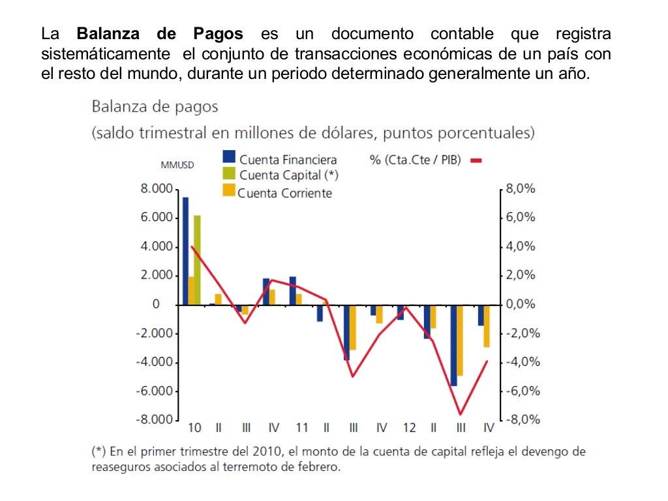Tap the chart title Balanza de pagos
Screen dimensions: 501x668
pyautogui.click(x=155, y=106)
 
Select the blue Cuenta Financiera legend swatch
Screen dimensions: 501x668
pyautogui.click(x=229, y=157)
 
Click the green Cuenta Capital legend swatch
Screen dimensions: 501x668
pyautogui.click(x=229, y=173)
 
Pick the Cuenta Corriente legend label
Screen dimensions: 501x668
pyautogui.click(x=284, y=193)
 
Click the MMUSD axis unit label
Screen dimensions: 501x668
pyautogui.click(x=177, y=164)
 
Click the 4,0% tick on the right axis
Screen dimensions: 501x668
pyautogui.click(x=521, y=247)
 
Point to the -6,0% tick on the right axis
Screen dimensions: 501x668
pyautogui.click(x=519, y=391)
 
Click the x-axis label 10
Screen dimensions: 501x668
pyautogui.click(x=194, y=429)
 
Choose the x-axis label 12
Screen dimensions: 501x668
pyautogui.click(x=409, y=429)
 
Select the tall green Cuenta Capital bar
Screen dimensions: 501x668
pyautogui.click(x=197, y=260)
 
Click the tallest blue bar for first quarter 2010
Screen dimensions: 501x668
pyautogui.click(x=185, y=250)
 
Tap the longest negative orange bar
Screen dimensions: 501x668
pyautogui.click(x=459, y=340)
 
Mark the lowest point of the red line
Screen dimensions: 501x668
pyautogui.click(x=460, y=414)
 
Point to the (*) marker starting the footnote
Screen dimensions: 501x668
pyautogui.click(x=99, y=451)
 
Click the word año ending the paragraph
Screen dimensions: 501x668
pyautogui.click(x=573, y=73)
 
